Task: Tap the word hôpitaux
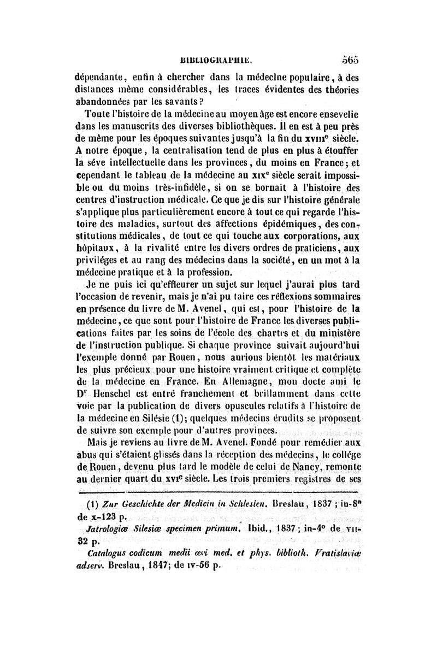point(92,236)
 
